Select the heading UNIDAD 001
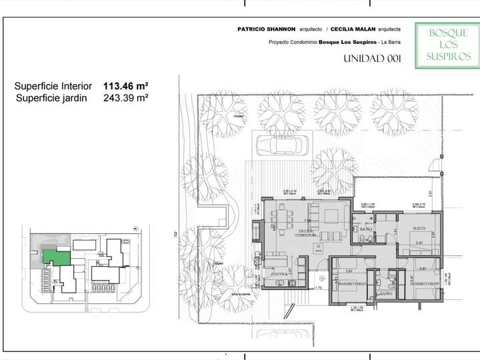pos(372,59)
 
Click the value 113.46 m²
pos(125,86)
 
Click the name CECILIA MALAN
pos(353,29)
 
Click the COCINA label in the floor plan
pos(279,274)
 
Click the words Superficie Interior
pos(53,86)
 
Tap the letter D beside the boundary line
pos(175,234)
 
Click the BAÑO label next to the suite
pos(366,229)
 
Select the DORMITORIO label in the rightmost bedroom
pos(425,284)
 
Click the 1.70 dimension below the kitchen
pos(319,288)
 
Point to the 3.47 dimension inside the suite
pos(419,243)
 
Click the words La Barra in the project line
pos(390,42)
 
